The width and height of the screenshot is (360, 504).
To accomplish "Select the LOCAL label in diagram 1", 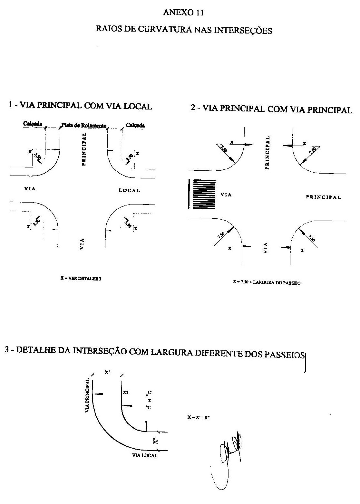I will point(129,191).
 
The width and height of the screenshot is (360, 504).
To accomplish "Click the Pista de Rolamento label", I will point(84,126).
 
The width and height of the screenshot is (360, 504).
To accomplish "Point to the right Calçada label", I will point(135,125).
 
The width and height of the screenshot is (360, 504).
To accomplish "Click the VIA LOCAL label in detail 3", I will point(145,455).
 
